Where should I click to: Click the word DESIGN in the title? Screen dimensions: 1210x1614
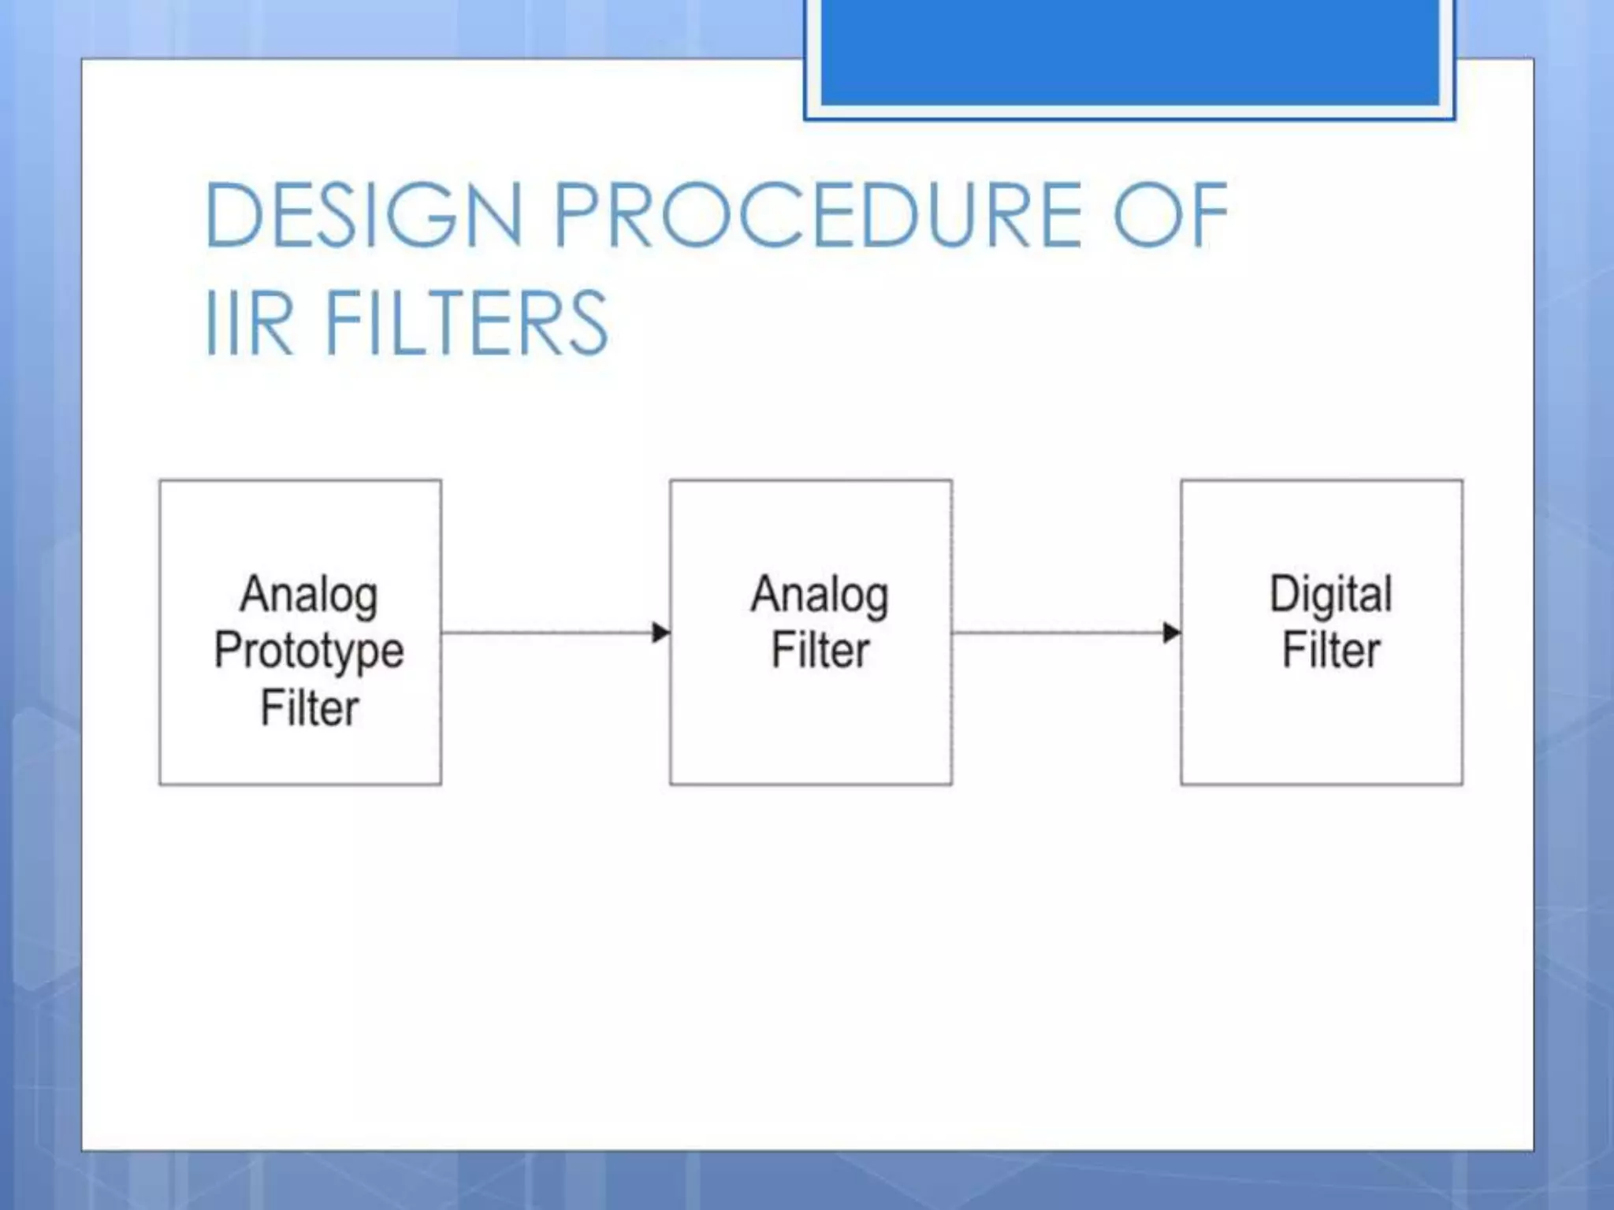pyautogui.click(x=363, y=214)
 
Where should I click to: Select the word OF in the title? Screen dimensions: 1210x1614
pyautogui.click(x=1170, y=214)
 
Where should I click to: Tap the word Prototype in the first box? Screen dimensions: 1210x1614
pyautogui.click(x=309, y=651)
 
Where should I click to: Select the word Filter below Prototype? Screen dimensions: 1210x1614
pyautogui.click(x=309, y=708)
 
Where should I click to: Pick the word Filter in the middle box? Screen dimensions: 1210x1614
pyautogui.click(x=820, y=651)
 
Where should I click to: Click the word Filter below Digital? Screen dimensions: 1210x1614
pyautogui.click(x=1330, y=651)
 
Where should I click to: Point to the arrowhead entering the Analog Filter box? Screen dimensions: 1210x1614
pyautogui.click(x=661, y=633)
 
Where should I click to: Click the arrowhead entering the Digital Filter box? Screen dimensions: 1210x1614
pyautogui.click(x=1172, y=633)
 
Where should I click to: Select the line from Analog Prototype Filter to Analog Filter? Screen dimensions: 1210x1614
pyautogui.click(x=544, y=633)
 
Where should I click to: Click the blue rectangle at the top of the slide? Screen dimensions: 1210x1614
pyautogui.click(x=1129, y=51)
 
